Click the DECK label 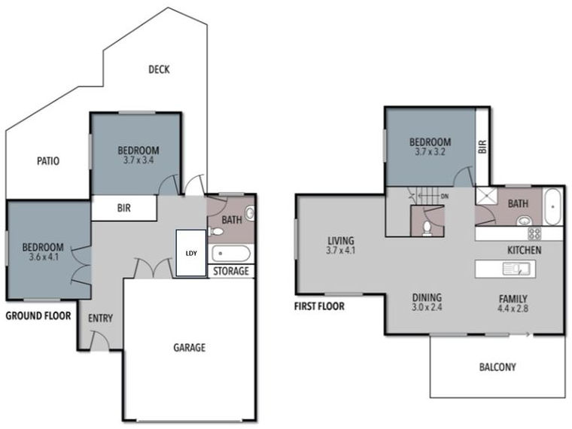[x=159, y=70]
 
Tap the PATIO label [x=47, y=160]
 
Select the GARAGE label [x=189, y=348]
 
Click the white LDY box [x=190, y=254]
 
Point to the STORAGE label [x=231, y=271]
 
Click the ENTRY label [x=100, y=318]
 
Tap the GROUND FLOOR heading [x=38, y=316]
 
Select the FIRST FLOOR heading [x=320, y=306]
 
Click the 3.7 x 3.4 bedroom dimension [x=137, y=160]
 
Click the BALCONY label [x=497, y=367]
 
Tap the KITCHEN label [x=524, y=250]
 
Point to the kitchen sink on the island [x=518, y=267]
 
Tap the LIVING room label [x=340, y=241]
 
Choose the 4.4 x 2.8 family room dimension [x=513, y=308]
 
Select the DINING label [x=426, y=297]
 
